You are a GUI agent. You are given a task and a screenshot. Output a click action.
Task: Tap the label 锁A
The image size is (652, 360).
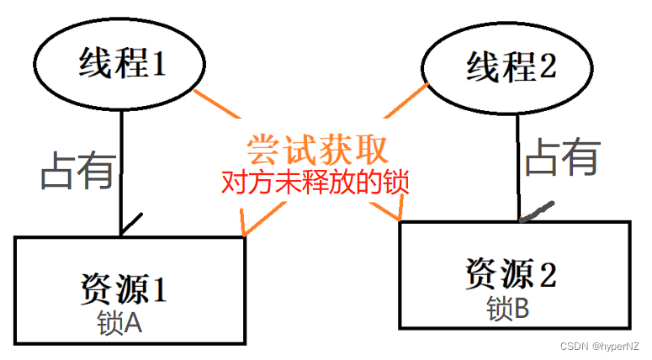coord(121,322)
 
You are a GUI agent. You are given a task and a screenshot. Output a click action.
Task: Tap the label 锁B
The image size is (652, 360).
coord(507,310)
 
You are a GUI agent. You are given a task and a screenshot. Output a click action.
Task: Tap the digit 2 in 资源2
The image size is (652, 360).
coord(547,273)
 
